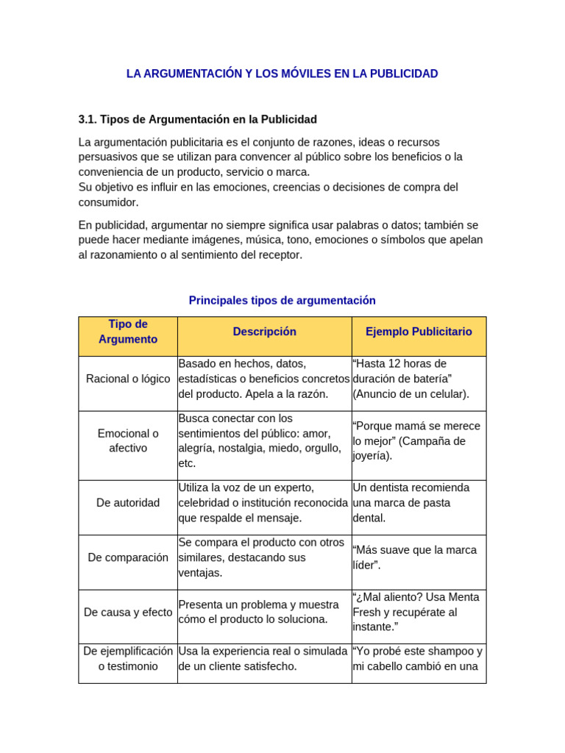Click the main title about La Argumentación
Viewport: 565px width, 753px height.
(x=282, y=74)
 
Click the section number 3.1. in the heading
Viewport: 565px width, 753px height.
(x=88, y=119)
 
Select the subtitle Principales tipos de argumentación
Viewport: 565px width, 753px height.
(x=282, y=300)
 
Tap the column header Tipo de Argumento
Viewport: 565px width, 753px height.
(x=128, y=332)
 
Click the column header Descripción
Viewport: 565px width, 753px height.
(x=264, y=332)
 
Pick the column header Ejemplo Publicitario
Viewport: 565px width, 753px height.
(x=419, y=332)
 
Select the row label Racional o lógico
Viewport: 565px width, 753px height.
(x=128, y=379)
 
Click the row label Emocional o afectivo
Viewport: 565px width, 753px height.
(x=128, y=440)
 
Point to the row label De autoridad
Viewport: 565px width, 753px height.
(x=128, y=503)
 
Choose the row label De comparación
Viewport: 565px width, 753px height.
(x=128, y=557)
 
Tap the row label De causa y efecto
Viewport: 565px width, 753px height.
(x=128, y=612)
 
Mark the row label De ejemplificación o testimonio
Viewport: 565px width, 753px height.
(x=128, y=659)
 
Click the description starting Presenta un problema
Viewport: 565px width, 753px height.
(x=258, y=612)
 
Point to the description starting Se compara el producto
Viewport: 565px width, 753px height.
(x=261, y=557)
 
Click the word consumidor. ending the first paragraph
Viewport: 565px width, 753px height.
(x=108, y=202)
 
